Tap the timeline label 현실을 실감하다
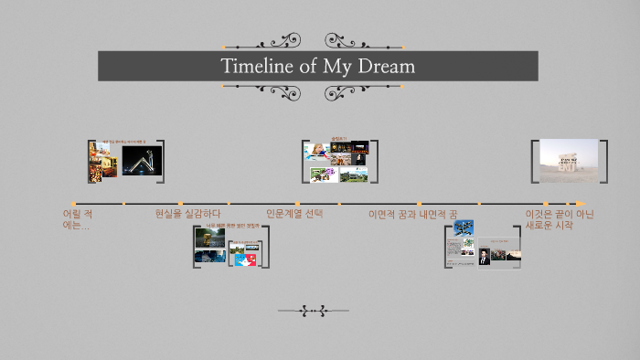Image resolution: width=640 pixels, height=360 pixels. [187, 214]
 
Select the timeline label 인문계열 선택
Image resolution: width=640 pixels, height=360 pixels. [294, 214]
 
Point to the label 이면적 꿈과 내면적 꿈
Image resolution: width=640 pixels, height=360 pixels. [412, 214]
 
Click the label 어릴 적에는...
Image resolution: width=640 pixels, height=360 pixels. [77, 219]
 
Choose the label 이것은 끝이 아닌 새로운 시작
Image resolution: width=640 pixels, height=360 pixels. [559, 219]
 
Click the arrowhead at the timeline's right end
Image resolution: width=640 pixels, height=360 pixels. [581, 204]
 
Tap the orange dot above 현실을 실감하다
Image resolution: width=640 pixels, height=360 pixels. [181, 204]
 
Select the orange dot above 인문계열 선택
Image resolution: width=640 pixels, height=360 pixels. [297, 204]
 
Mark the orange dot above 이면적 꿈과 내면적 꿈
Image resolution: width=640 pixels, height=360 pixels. [419, 204]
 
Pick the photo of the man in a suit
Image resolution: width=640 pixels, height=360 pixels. [483, 257]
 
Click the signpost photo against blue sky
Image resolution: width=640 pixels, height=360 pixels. [464, 228]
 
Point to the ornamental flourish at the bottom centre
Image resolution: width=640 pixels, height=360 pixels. [314, 312]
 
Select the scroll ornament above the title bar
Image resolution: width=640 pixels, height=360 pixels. [314, 41]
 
